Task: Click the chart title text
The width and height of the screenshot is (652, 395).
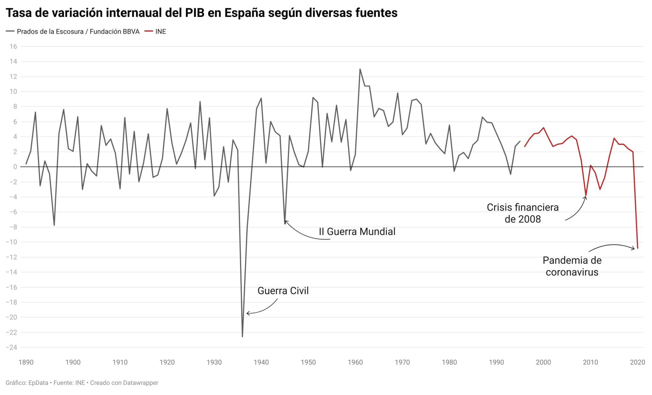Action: point(202,13)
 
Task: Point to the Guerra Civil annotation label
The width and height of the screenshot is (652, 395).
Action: point(283,291)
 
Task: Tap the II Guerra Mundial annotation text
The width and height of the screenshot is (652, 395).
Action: point(357,231)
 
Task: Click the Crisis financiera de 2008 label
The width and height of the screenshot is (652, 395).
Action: point(522,213)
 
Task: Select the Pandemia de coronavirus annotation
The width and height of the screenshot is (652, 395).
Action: point(572,266)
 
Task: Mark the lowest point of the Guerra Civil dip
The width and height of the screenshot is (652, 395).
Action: point(242,336)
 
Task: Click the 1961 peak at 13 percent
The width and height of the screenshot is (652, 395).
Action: point(360,69)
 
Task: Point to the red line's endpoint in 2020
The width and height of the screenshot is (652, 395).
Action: point(637,248)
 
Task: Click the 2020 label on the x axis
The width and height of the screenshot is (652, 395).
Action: point(637,362)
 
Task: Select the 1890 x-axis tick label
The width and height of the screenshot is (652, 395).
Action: point(26,362)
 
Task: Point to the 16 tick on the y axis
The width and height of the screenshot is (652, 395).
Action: point(13,46)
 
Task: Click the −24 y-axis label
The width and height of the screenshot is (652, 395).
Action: point(11,347)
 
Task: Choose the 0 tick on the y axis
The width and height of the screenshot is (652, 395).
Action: point(15,167)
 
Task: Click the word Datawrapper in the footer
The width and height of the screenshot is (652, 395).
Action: point(140,383)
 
